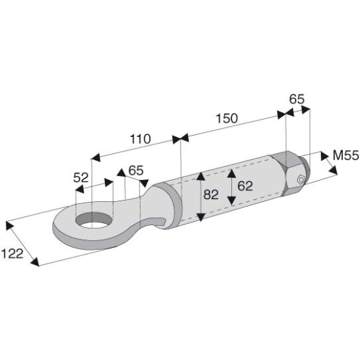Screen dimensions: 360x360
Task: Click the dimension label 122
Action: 12,254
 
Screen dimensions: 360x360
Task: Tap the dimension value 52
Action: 81,177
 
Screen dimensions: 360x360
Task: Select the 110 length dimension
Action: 140,139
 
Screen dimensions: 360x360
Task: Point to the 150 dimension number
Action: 227,118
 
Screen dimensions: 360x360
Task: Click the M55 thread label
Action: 346,155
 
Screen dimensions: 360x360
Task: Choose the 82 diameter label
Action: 211,194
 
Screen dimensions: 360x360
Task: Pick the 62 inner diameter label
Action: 245,185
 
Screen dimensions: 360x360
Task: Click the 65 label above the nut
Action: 296,99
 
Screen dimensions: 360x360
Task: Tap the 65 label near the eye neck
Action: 136,170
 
